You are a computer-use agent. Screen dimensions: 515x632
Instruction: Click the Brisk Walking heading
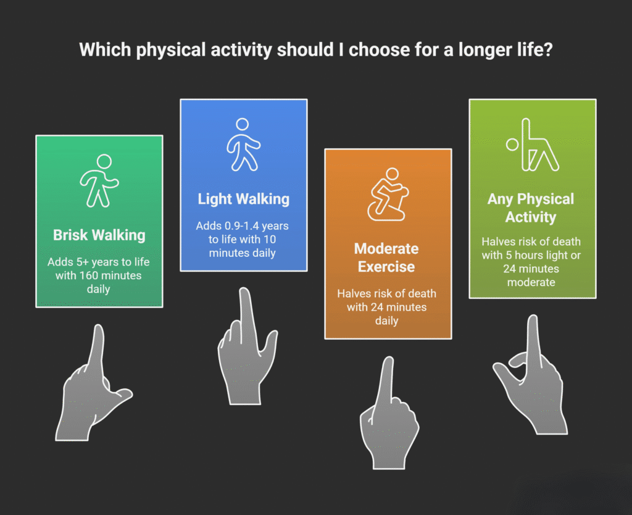tap(99, 235)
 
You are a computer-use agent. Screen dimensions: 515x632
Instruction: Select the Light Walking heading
tap(243, 199)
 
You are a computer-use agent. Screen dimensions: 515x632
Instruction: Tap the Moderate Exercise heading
tap(386, 257)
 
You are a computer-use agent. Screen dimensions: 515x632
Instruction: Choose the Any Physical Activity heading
tap(530, 207)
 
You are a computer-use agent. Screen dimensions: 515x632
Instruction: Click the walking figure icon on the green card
tap(99, 180)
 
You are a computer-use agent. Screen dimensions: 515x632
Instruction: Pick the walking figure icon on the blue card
tap(243, 144)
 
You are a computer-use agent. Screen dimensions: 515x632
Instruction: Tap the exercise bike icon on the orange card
tap(387, 193)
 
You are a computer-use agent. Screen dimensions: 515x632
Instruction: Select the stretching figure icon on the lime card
tap(534, 144)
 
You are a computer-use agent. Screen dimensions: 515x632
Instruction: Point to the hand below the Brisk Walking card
tap(93, 389)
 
